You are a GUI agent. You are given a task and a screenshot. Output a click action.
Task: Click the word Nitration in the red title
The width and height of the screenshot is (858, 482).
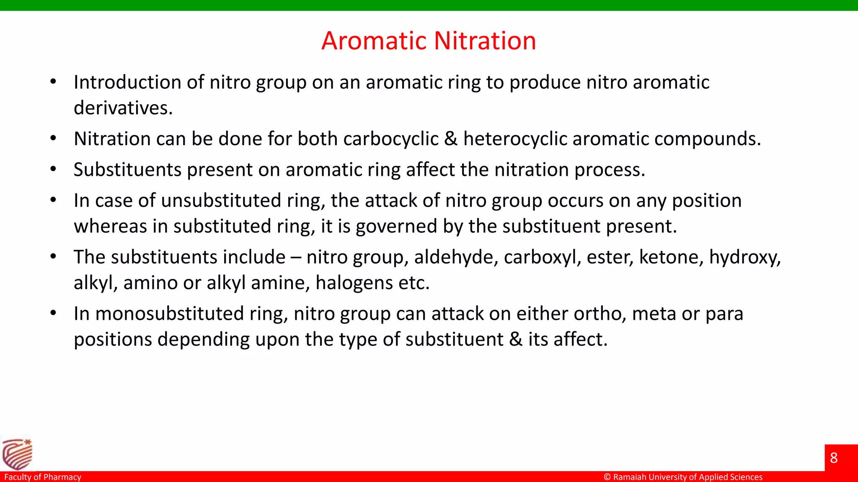[x=485, y=41]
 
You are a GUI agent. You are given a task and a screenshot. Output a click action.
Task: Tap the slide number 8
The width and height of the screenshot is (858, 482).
[x=834, y=458]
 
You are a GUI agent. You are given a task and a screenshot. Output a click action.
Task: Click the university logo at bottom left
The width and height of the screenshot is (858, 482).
[x=17, y=454]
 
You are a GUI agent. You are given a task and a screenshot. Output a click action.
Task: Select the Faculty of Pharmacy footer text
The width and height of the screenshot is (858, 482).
[x=43, y=477]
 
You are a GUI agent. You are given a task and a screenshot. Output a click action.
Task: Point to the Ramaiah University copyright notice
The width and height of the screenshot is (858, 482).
[x=683, y=477]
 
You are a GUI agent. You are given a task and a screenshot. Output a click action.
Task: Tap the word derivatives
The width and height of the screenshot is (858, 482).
[x=123, y=108]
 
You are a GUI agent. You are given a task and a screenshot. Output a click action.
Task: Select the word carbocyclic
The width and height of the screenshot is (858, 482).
[x=390, y=139]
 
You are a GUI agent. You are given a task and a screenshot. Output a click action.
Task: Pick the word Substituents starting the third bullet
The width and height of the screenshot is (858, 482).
[x=127, y=170]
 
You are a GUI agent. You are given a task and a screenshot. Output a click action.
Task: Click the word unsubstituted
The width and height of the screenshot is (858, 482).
[x=221, y=201]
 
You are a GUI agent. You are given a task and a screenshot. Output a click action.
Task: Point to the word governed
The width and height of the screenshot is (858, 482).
[x=396, y=227]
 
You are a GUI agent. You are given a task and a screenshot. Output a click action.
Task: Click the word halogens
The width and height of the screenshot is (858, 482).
[x=354, y=283]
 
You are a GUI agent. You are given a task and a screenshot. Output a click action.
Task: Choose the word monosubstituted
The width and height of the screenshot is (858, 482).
[x=170, y=314]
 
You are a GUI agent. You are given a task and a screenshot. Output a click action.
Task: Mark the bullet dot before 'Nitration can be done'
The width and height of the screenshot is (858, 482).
[x=53, y=138]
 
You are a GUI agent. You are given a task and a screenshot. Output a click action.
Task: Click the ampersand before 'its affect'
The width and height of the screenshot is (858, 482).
[x=516, y=339]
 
